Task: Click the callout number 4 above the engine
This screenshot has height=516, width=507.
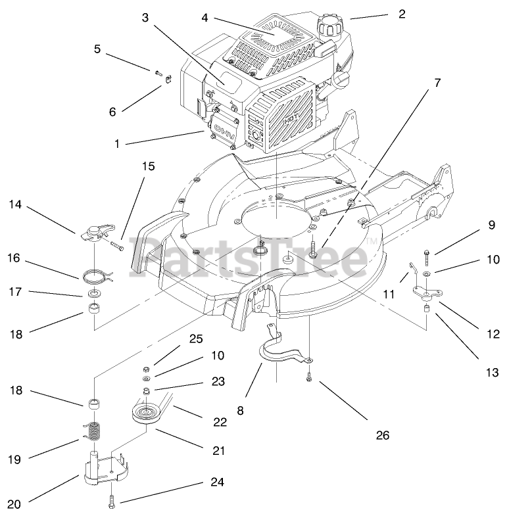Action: click(x=205, y=18)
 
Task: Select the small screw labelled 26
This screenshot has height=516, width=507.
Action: click(x=308, y=378)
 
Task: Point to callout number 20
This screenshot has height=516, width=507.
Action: click(x=14, y=505)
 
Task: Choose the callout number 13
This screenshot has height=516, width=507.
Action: click(x=493, y=372)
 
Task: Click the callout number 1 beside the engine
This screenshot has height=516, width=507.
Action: click(x=117, y=142)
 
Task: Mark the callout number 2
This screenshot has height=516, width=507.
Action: click(x=401, y=13)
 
